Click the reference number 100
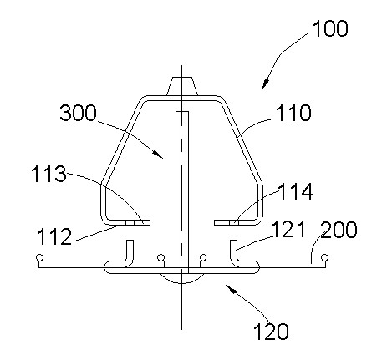click(x=330, y=28)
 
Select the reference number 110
click(x=293, y=113)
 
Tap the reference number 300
click(x=79, y=113)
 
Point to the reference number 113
click(x=49, y=174)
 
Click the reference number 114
click(x=295, y=191)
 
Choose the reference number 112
click(x=54, y=236)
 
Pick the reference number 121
click(x=288, y=229)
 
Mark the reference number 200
click(x=339, y=230)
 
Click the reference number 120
click(x=271, y=332)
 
